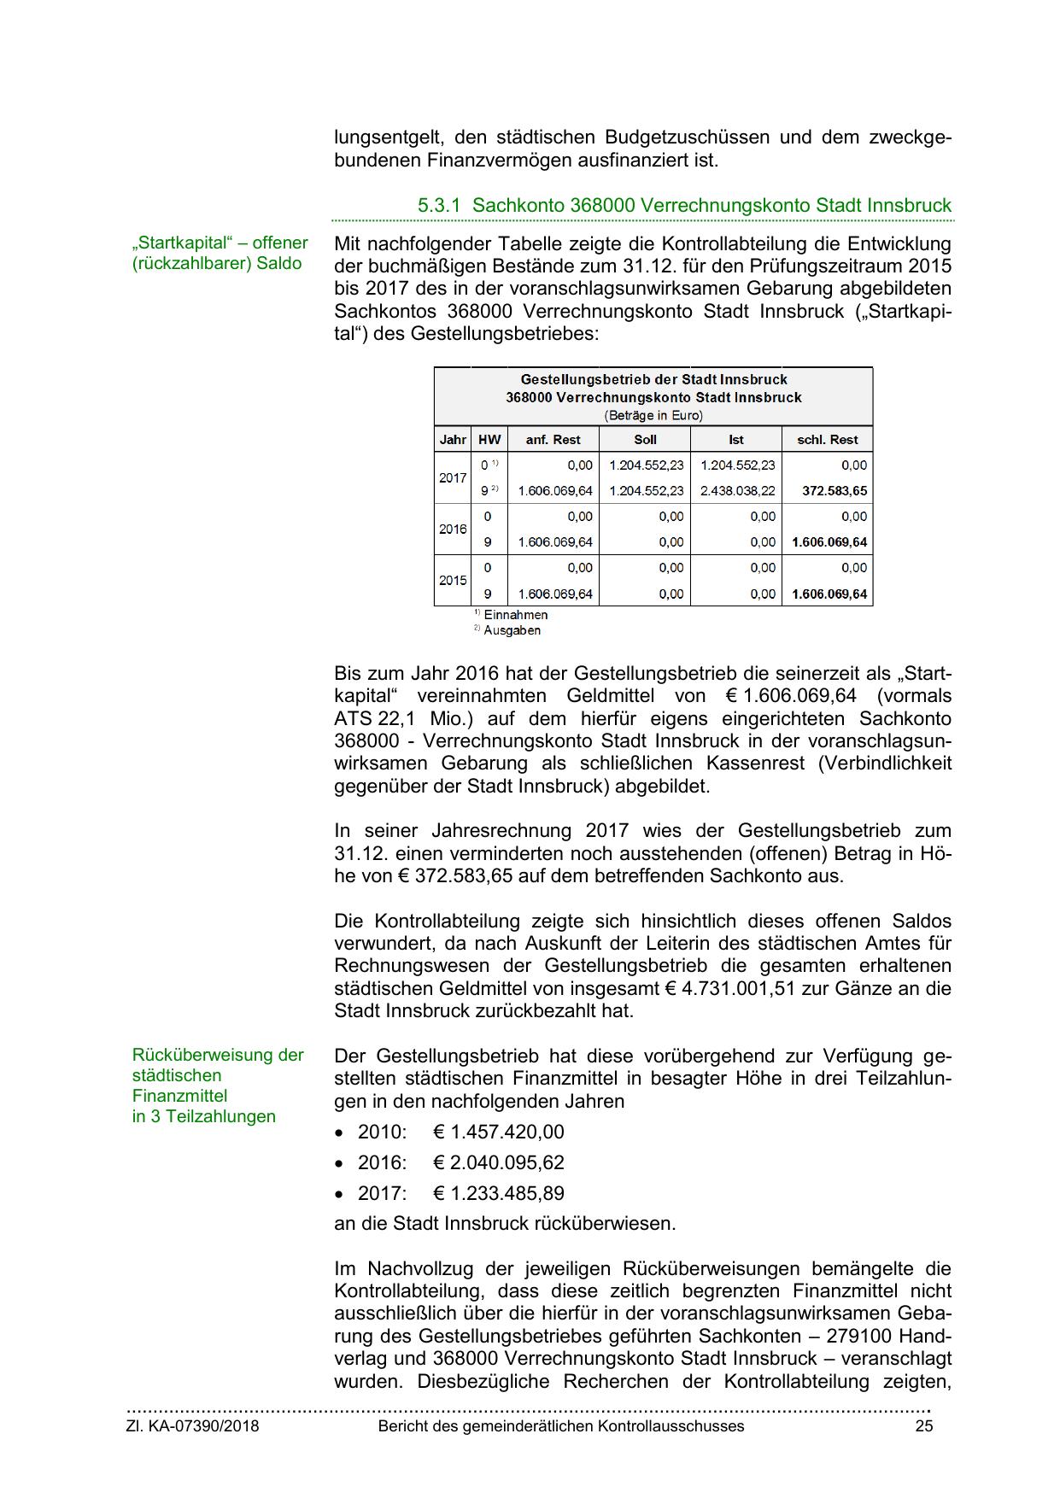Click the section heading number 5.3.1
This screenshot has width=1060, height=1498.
point(439,206)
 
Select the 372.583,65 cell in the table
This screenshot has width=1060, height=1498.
point(835,491)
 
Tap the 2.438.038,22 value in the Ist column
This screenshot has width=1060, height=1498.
point(737,491)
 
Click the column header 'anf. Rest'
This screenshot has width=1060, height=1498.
point(553,440)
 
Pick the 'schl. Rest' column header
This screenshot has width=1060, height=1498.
point(827,440)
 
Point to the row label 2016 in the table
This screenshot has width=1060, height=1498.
point(453,530)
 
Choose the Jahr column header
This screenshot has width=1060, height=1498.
point(453,440)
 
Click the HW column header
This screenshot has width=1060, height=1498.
point(489,440)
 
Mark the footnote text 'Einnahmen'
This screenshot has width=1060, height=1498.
point(515,615)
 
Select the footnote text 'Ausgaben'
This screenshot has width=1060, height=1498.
point(512,631)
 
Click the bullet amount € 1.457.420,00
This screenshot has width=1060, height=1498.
point(499,1132)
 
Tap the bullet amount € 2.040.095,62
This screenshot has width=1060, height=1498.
point(499,1163)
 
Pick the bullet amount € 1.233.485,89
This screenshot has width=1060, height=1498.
point(499,1194)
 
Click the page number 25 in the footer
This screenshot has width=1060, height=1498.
point(923,1426)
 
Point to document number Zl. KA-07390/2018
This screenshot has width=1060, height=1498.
point(192,1426)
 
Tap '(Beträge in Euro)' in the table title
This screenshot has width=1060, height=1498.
point(653,416)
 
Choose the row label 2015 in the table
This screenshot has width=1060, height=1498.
point(453,581)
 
